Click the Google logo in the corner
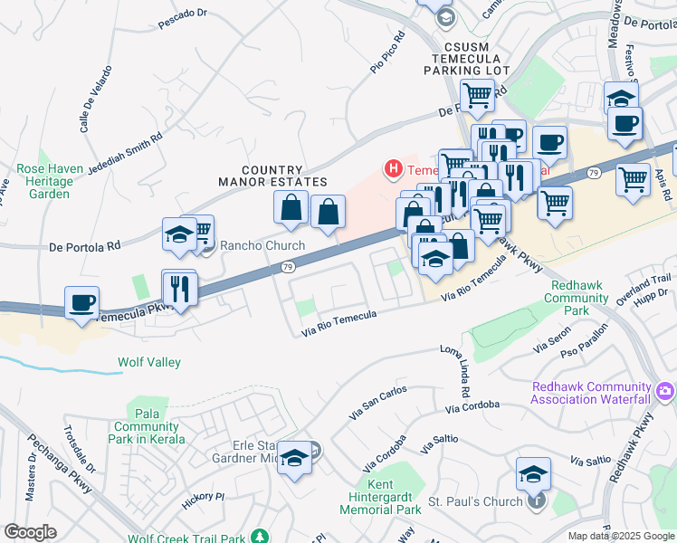(30, 532)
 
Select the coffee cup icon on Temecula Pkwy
(81, 303)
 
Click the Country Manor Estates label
(272, 176)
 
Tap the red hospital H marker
(394, 168)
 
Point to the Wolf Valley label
(149, 363)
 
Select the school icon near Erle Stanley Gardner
(294, 459)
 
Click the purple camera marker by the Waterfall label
(666, 391)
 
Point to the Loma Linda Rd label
(457, 372)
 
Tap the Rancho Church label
(262, 246)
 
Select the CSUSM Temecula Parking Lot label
(472, 58)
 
